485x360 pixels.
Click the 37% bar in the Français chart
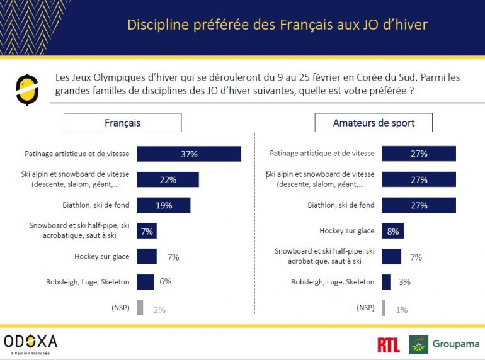189,154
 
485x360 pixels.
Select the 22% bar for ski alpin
168,179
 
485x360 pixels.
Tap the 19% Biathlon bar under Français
163,205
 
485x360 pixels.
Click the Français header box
122,123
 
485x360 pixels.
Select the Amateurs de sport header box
374,123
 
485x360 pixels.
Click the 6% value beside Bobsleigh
165,282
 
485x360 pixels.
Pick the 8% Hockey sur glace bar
392,231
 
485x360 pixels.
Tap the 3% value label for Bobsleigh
404,282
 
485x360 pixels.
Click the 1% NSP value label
401,309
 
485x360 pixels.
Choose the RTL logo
388,344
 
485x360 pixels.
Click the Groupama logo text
455,344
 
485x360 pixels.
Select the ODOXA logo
30,342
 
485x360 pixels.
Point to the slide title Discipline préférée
277,25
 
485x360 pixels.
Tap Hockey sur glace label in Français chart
102,256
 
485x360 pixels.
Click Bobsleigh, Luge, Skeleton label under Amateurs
333,282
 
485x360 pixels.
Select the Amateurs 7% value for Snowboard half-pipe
416,257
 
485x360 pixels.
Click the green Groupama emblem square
419,344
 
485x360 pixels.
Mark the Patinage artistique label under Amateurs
322,154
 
